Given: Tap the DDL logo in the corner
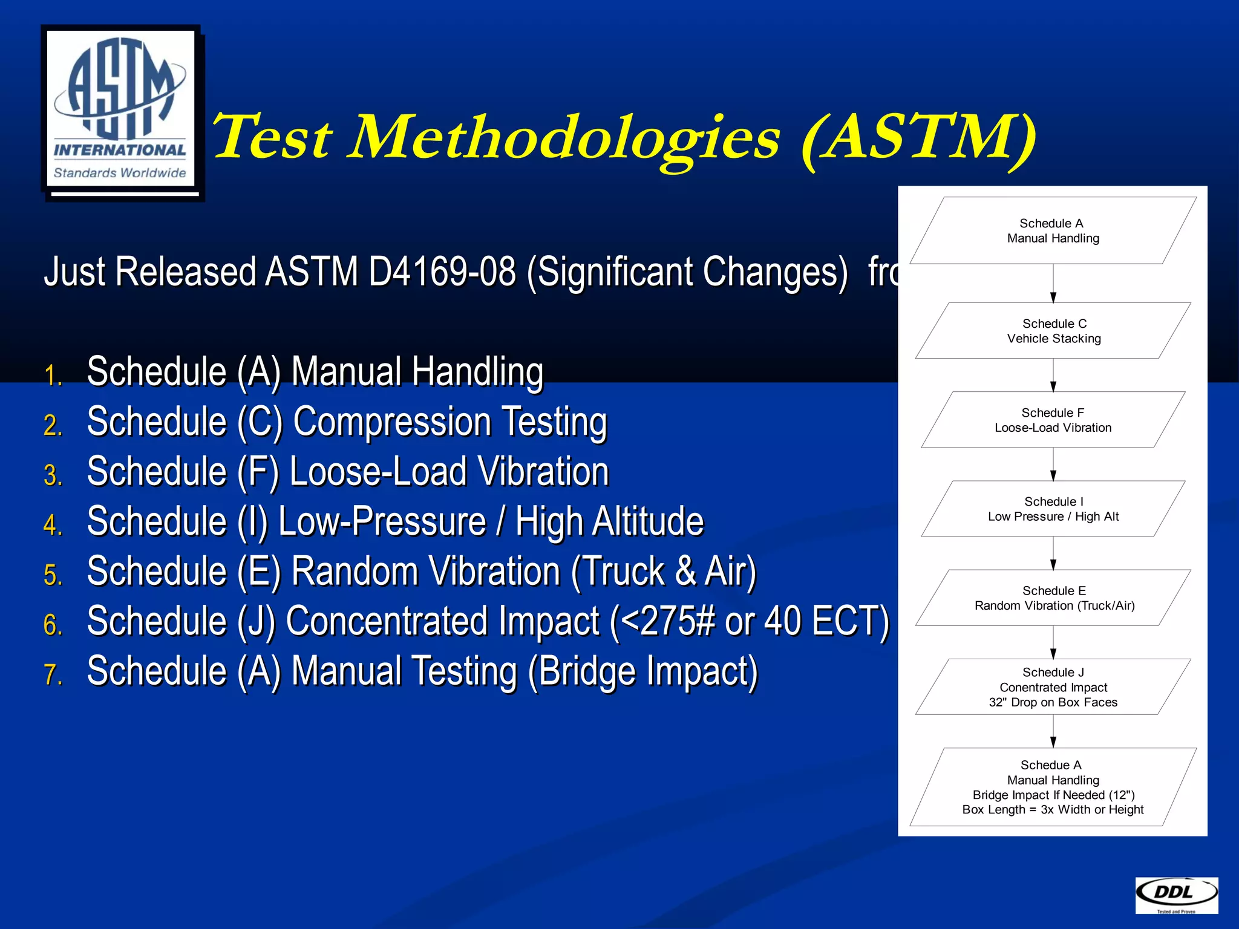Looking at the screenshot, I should pos(1176,895).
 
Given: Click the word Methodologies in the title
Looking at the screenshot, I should pos(565,138).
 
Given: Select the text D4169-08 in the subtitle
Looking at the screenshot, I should pos(442,272).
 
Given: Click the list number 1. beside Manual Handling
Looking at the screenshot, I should pos(53,376).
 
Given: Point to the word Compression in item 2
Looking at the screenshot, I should pos(391,422).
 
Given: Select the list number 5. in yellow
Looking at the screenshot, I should pos(53,575).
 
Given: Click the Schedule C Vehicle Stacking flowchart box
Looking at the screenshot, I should pos(1053,331).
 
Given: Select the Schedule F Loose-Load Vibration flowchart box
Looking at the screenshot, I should pos(1053,420).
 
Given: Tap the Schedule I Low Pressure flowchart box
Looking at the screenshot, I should pos(1053,509).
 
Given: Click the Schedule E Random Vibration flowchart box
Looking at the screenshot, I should pos(1053,598).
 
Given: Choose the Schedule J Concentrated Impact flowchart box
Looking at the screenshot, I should pos(1053,686).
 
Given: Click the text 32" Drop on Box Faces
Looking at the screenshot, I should pos(1053,702).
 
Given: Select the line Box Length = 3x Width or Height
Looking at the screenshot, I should pos(1053,809).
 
